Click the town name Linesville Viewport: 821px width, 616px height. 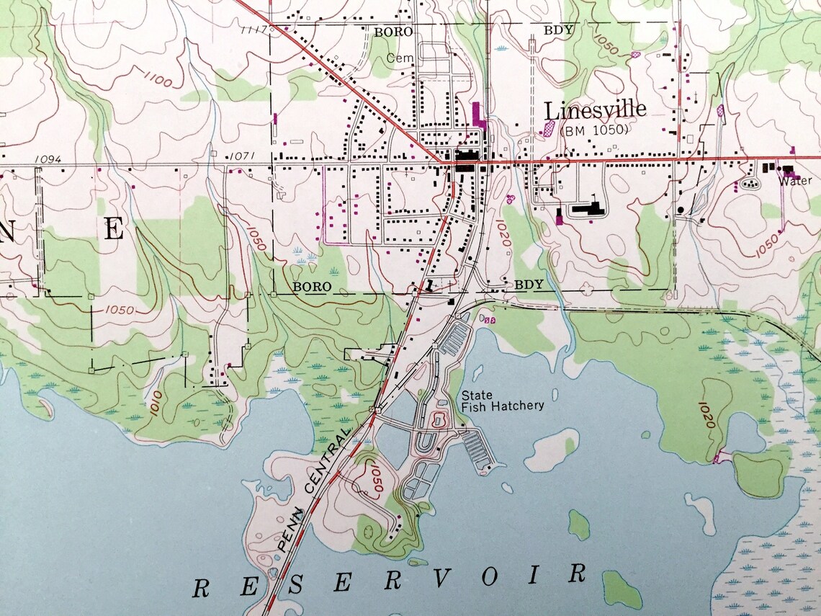click(x=595, y=111)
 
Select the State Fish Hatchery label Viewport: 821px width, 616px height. click(x=502, y=401)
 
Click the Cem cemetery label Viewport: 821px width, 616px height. click(x=397, y=57)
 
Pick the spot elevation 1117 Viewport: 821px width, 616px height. click(x=256, y=30)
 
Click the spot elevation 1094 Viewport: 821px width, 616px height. click(x=47, y=159)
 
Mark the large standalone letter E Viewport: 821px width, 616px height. click(x=114, y=229)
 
